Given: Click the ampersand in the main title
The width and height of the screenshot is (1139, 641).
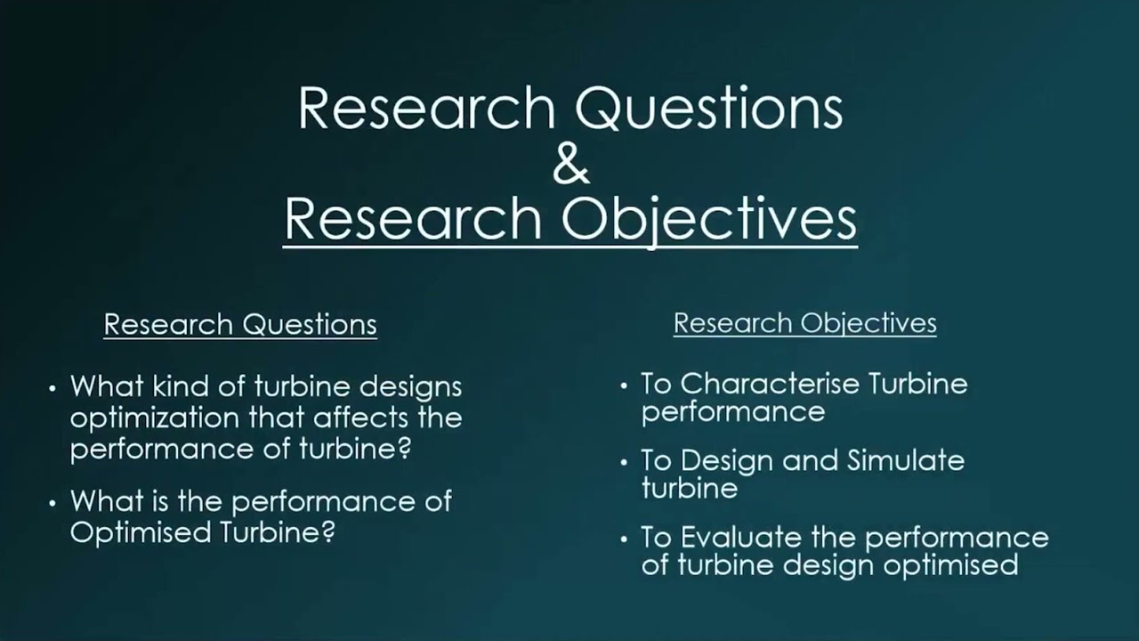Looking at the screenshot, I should click(x=570, y=165).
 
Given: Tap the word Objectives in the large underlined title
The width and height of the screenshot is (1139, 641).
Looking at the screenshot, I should click(x=708, y=221).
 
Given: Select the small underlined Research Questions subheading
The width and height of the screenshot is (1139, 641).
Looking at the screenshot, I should click(x=240, y=324).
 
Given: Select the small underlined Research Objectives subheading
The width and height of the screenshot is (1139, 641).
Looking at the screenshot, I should click(x=804, y=322).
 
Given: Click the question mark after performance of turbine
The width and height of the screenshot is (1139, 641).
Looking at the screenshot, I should click(x=404, y=449).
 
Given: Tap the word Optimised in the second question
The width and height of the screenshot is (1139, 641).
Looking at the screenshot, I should click(x=131, y=532).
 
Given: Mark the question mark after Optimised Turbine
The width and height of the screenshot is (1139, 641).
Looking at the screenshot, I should click(x=327, y=532).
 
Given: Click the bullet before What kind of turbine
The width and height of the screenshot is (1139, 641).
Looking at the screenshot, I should click(x=53, y=388).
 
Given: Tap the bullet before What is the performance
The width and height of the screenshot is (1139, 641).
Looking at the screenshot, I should click(x=53, y=503).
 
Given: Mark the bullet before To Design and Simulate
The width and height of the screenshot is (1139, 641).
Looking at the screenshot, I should click(x=625, y=462).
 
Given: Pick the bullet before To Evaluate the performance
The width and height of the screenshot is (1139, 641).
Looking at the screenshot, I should click(x=625, y=539).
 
